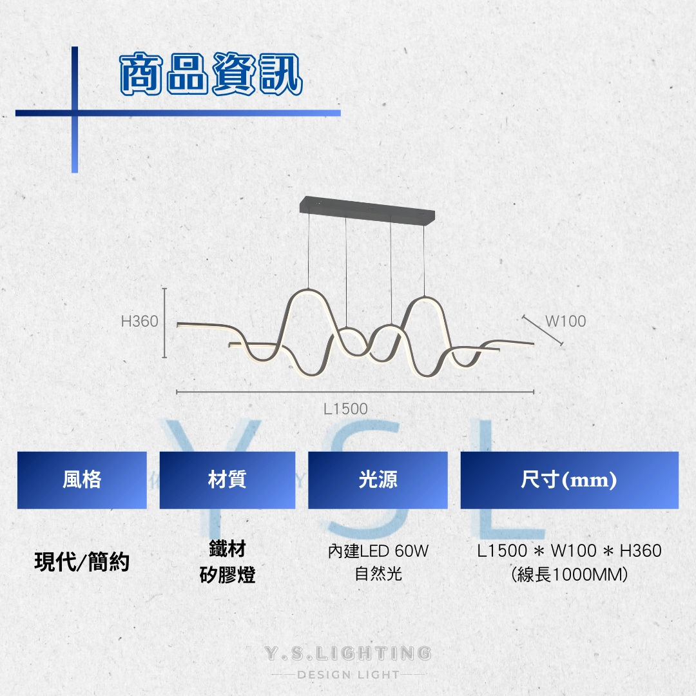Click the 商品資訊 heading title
(x=211, y=73)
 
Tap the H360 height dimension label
(x=139, y=321)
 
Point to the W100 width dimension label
(x=566, y=321)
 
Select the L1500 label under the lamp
(x=345, y=409)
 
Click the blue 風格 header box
(x=82, y=480)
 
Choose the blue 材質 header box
(x=227, y=480)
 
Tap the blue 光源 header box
(x=378, y=480)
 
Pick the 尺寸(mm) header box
(x=570, y=480)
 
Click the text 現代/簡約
(x=82, y=561)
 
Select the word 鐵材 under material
(x=227, y=548)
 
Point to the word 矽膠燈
(x=227, y=574)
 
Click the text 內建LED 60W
(x=378, y=551)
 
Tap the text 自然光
(x=378, y=574)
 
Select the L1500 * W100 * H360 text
(x=570, y=551)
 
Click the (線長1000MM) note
(x=570, y=574)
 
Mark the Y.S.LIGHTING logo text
(x=348, y=653)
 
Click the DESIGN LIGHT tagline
(x=348, y=675)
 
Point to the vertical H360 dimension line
(x=164, y=323)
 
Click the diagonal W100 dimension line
(x=543, y=330)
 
